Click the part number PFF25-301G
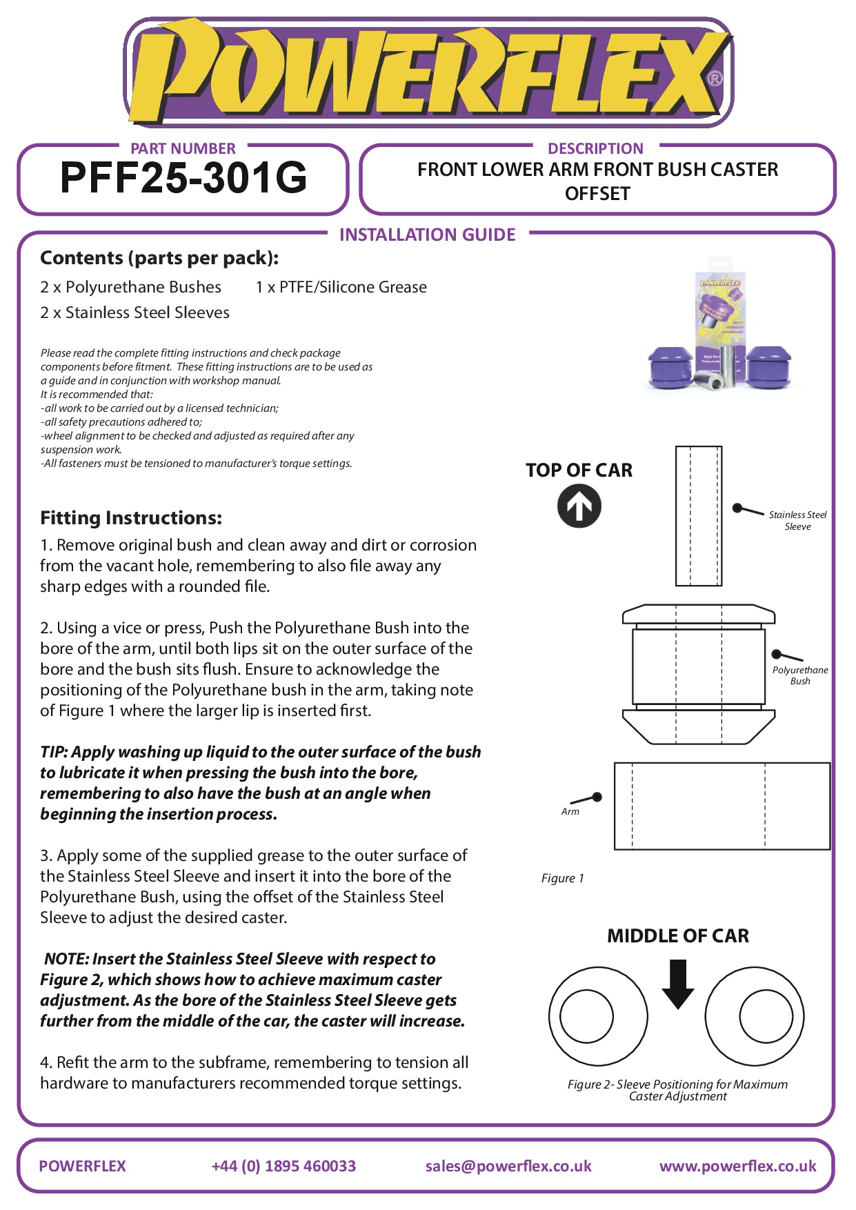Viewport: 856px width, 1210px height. click(183, 178)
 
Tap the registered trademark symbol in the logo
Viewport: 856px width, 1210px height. click(715, 79)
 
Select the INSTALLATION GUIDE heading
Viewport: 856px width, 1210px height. click(427, 235)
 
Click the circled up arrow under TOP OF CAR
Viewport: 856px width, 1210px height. click(579, 506)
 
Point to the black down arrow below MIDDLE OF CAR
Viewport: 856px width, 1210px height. click(678, 984)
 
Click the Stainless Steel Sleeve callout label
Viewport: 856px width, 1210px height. click(797, 521)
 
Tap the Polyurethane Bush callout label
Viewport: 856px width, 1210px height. click(800, 675)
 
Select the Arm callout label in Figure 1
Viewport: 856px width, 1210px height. click(570, 812)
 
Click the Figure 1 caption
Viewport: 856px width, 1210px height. click(562, 878)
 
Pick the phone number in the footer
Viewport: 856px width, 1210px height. click(283, 1167)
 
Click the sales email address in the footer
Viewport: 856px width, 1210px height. click(508, 1167)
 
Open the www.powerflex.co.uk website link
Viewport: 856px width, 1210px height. click(737, 1167)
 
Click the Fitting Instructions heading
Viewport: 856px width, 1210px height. click(131, 518)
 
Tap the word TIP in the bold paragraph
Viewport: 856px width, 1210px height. click(53, 752)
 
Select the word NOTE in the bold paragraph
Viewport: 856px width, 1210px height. click(66, 959)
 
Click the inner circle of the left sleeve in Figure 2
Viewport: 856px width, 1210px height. click(586, 1016)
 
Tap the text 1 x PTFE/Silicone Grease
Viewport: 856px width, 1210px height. click(341, 288)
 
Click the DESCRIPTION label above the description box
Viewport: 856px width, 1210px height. click(595, 149)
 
